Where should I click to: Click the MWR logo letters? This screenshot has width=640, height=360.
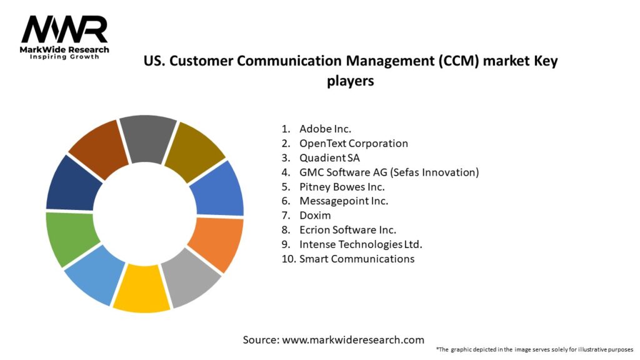[x=64, y=29]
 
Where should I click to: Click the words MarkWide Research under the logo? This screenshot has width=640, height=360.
[x=64, y=49]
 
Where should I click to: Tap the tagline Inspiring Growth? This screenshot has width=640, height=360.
[x=64, y=57]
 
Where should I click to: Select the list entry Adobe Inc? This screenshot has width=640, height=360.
[x=325, y=129]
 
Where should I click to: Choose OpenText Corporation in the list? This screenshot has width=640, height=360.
[x=353, y=143]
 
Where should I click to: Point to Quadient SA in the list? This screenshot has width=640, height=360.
[x=329, y=157]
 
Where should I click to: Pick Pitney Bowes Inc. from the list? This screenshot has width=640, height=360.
[x=342, y=186]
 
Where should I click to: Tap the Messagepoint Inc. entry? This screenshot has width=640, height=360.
[x=344, y=201]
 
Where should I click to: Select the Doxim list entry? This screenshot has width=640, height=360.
[x=315, y=215]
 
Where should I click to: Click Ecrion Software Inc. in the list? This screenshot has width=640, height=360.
[x=347, y=229]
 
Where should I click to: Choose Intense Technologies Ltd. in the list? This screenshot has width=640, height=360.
[x=365, y=244]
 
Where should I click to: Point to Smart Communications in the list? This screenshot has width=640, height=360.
[x=356, y=258]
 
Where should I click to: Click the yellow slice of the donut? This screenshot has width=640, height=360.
[x=141, y=288]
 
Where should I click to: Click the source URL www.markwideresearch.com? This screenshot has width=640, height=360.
[x=353, y=340]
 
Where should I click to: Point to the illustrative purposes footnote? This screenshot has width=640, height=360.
[x=534, y=349]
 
